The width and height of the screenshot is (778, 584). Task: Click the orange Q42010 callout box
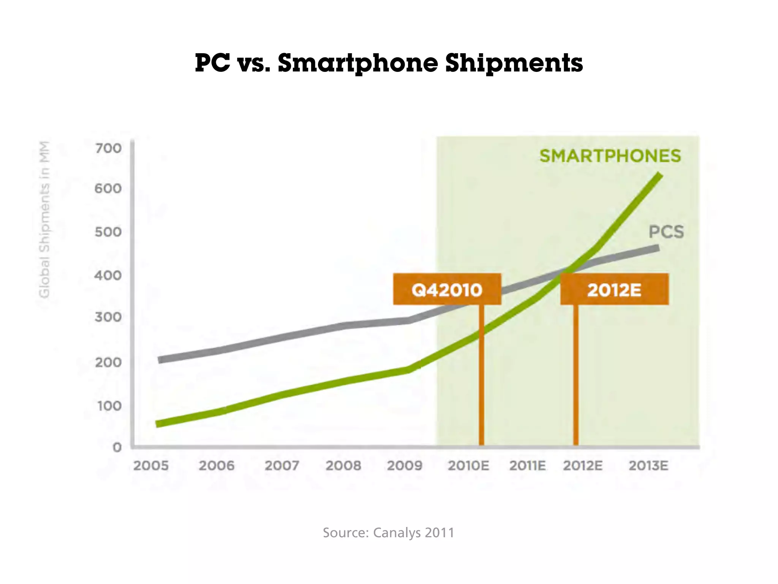(x=447, y=289)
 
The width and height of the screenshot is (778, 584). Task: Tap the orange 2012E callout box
(x=614, y=289)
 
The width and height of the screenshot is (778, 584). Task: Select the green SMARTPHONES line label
(x=610, y=156)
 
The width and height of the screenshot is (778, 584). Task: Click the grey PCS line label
(x=666, y=232)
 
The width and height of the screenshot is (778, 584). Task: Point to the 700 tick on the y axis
(x=108, y=148)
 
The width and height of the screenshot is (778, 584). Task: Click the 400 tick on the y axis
(x=108, y=275)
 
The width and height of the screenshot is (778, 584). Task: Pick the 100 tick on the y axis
(x=109, y=406)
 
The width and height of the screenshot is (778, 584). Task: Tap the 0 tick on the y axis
(x=117, y=447)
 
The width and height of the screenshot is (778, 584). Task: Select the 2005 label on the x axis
(x=151, y=466)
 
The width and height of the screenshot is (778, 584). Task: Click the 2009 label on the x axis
(x=405, y=466)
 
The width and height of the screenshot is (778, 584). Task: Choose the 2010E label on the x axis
(x=468, y=466)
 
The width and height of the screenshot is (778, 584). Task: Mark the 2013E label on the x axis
(x=648, y=466)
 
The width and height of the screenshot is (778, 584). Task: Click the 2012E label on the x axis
(x=583, y=466)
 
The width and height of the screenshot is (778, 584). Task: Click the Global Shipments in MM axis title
(x=44, y=219)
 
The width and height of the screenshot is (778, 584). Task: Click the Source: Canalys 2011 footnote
(x=388, y=532)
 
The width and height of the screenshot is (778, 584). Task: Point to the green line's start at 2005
(x=159, y=424)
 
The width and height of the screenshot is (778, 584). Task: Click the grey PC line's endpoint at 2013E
(x=658, y=248)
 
